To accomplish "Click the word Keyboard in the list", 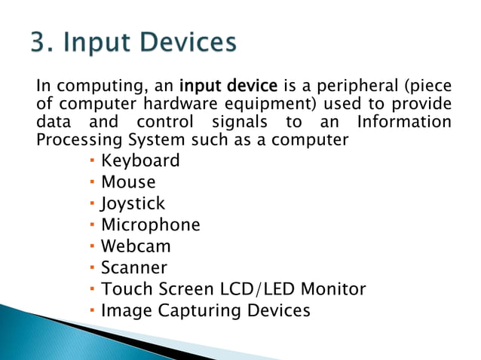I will [x=140, y=160].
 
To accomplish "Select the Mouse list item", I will [x=128, y=182].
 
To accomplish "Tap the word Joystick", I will [x=133, y=203].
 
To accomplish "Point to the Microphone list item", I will [x=151, y=224].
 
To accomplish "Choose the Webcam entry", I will [x=136, y=246].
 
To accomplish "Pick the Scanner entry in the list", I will [x=134, y=267].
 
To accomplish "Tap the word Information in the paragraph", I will [x=405, y=121].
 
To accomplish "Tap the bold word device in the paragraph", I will [x=255, y=84].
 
